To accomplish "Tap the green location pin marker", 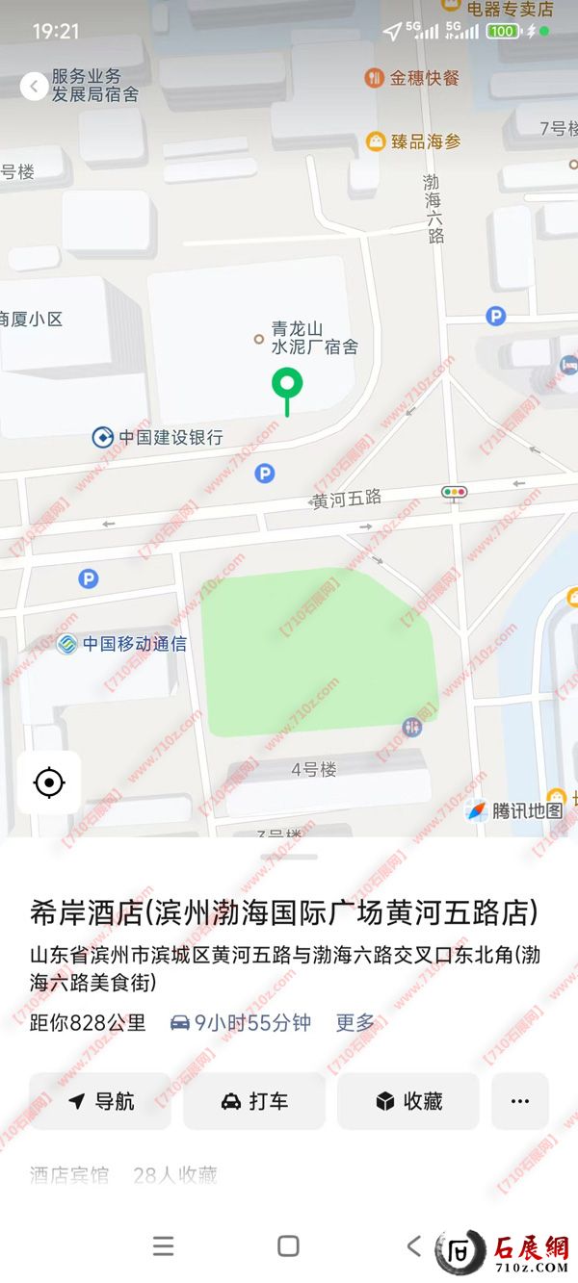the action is click(287, 385).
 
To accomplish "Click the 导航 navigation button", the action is click(100, 1101).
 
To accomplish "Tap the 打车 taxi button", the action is click(254, 1101).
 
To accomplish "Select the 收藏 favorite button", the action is click(408, 1101).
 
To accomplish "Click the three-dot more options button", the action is click(520, 1101).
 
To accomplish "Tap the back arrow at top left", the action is click(34, 87).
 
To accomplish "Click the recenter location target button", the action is click(49, 783).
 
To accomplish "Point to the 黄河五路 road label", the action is click(347, 499).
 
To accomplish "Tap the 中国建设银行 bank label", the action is click(158, 437).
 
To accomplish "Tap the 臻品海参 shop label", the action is click(414, 141).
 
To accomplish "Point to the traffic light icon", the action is click(454, 493).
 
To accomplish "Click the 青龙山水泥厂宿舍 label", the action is click(313, 338).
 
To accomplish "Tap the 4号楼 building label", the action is click(314, 769).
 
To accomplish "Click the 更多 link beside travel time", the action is click(355, 1022).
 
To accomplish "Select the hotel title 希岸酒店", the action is click(283, 912).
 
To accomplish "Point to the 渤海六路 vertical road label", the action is click(433, 208).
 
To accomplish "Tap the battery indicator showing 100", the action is click(501, 31).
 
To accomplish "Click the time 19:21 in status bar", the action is click(56, 32).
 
